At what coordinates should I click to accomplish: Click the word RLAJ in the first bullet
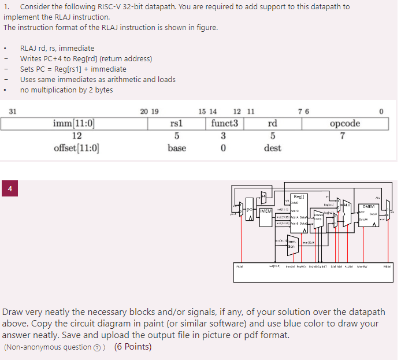29,48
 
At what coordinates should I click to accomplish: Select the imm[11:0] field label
73,123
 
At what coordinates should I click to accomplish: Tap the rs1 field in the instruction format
177,123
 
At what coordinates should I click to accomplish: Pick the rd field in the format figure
272,123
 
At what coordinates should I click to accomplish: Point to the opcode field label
344,123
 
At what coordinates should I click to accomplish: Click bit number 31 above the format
13,111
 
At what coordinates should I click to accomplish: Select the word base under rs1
177,148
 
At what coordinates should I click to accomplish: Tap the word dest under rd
272,148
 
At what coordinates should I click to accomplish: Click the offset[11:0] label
76,148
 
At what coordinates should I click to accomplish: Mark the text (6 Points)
133,347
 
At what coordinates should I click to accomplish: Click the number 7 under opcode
343,136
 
